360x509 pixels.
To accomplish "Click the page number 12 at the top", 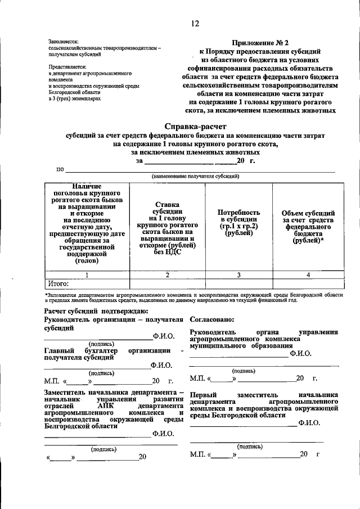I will tap(195, 23).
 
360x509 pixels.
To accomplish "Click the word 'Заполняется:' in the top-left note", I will tap(64, 42).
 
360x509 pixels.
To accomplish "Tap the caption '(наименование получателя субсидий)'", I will tap(195, 175).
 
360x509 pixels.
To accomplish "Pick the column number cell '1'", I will tap(87, 274).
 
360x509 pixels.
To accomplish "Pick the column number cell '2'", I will tap(167, 274).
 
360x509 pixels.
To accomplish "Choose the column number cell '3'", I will tap(238, 274).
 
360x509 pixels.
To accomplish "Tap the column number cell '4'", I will tap(308, 274).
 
